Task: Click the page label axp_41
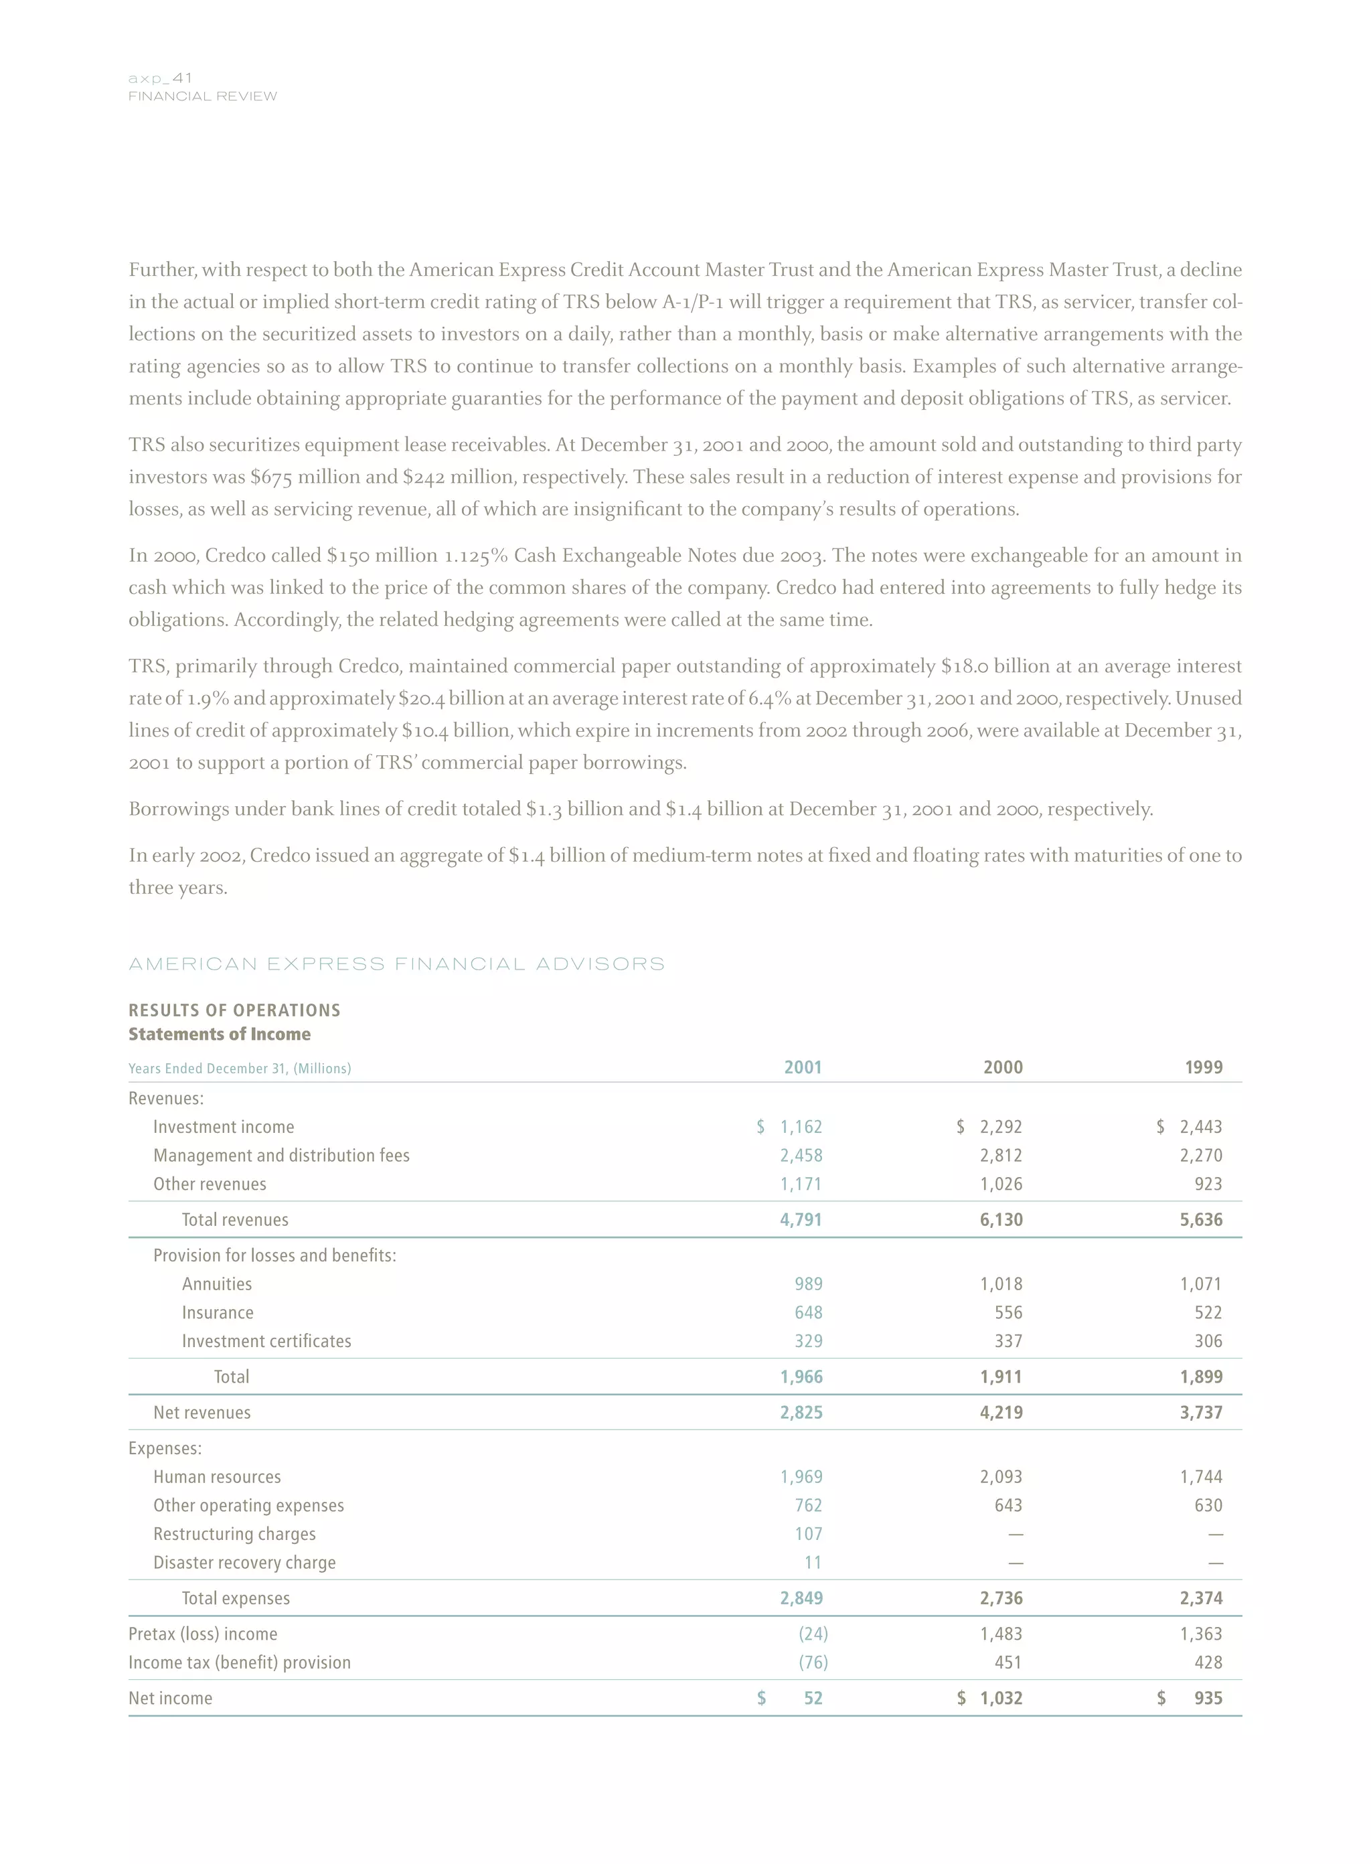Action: (160, 78)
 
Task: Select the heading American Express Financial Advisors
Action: (397, 963)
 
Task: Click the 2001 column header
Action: (803, 1067)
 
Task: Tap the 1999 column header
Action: (1204, 1067)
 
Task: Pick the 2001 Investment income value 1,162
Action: (801, 1127)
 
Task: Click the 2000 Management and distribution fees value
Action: (1001, 1155)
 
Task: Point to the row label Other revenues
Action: (210, 1184)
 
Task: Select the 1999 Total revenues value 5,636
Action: (1201, 1220)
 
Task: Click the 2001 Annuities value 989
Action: (808, 1284)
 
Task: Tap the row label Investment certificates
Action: (266, 1341)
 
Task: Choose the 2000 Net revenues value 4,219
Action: (1001, 1413)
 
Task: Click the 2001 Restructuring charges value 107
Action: (808, 1534)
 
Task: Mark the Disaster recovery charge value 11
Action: (813, 1563)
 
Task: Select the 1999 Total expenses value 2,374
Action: (1201, 1598)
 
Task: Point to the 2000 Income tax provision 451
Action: (1007, 1662)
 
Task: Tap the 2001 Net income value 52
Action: (813, 1698)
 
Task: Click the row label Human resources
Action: (218, 1477)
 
